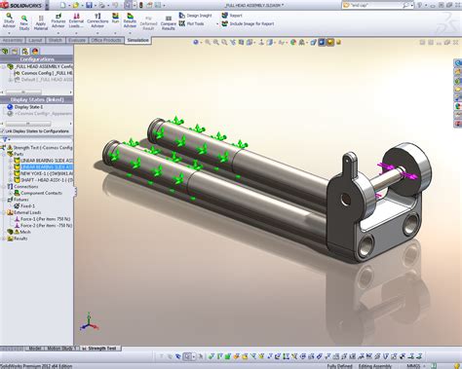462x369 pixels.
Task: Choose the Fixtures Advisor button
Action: pos(58,21)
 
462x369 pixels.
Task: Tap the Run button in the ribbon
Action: pos(115,18)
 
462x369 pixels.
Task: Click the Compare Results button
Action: pos(167,21)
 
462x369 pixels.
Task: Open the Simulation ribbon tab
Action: pos(138,41)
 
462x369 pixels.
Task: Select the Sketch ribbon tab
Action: pos(57,41)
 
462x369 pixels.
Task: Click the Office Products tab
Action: pos(105,41)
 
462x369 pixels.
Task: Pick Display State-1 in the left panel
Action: pos(30,107)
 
